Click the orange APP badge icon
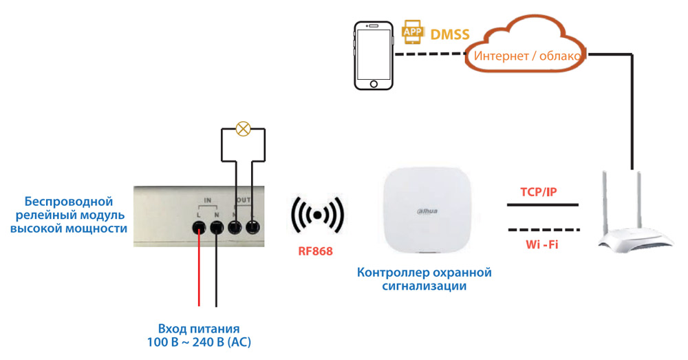(x=412, y=32)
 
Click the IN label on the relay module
(x=208, y=200)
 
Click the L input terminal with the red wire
(x=200, y=228)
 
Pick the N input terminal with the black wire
(x=217, y=228)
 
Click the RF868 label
(x=315, y=251)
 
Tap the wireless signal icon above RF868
(x=317, y=215)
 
